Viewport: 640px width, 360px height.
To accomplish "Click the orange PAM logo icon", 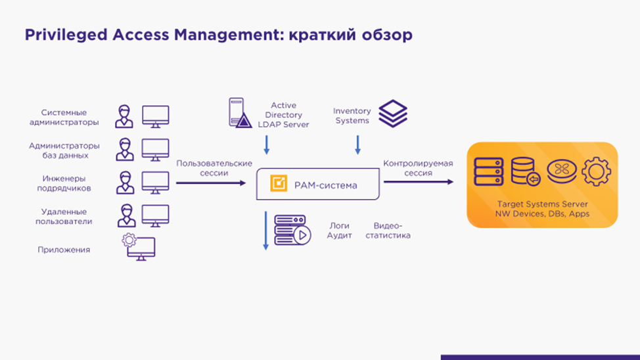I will tap(279, 185).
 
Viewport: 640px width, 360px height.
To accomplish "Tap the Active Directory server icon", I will tap(240, 113).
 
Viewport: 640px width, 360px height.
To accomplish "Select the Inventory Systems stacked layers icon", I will tap(393, 114).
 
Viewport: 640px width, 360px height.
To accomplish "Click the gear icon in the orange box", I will tap(596, 172).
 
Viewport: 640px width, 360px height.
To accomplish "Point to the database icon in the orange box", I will tap(526, 172).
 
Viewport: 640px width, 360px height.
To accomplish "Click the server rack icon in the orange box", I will tap(489, 172).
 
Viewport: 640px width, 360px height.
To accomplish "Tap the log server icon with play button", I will tap(292, 230).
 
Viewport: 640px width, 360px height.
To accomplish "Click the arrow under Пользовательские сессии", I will tap(210, 183).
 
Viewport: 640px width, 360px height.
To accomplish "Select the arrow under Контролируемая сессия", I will tap(418, 182).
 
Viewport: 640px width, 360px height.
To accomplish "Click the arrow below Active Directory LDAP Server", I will tap(267, 145).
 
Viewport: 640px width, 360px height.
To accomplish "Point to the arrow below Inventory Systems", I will tap(358, 145).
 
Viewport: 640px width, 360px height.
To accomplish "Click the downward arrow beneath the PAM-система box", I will tap(266, 230).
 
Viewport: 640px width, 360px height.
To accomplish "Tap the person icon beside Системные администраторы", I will tap(124, 117).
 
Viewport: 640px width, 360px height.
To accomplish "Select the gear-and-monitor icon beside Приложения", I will tap(139, 247).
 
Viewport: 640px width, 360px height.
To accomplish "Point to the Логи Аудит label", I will tap(340, 230).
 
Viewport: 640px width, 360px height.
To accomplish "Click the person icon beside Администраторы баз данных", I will tap(125, 150).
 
